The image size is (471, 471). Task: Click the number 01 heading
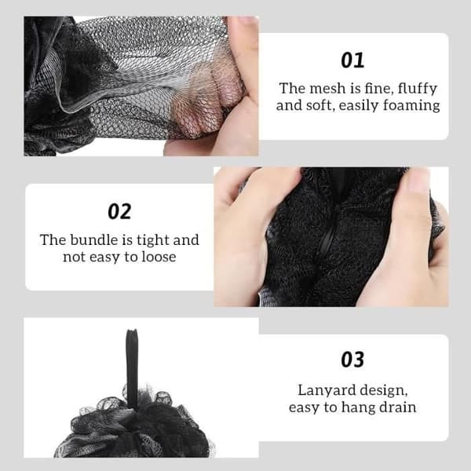pos(352,60)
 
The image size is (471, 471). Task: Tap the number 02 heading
pos(119,211)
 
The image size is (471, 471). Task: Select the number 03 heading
pos(352,360)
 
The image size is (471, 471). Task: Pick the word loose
pos(159,257)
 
